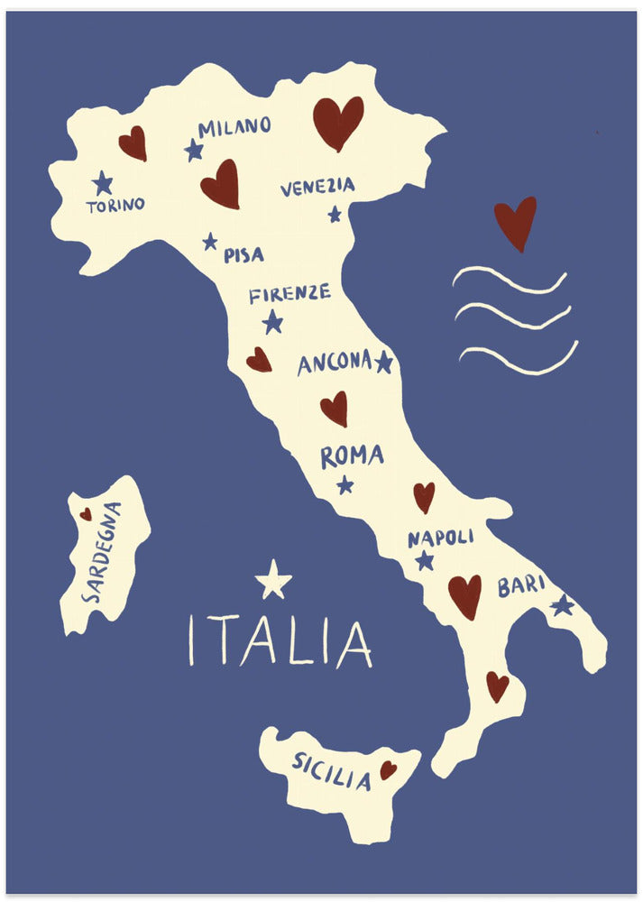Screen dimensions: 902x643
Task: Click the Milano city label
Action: click(234, 127)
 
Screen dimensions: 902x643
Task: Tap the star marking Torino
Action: click(103, 183)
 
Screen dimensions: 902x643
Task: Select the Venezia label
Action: click(317, 187)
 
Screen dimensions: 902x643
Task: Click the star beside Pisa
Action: click(210, 242)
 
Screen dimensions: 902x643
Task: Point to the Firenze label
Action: click(289, 294)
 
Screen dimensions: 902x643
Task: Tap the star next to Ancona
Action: click(384, 362)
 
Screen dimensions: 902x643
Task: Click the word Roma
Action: click(352, 456)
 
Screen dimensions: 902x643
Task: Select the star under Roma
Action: click(345, 485)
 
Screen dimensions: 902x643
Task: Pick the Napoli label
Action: click(440, 538)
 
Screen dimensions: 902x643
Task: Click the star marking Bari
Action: click(563, 605)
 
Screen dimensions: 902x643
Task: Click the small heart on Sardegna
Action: click(86, 514)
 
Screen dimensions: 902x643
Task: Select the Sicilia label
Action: click(331, 771)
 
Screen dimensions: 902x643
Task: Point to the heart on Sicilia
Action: click(388, 769)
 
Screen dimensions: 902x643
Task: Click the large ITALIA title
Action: click(280, 641)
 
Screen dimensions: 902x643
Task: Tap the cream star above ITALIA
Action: click(273, 580)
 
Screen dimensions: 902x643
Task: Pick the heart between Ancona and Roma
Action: click(335, 408)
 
